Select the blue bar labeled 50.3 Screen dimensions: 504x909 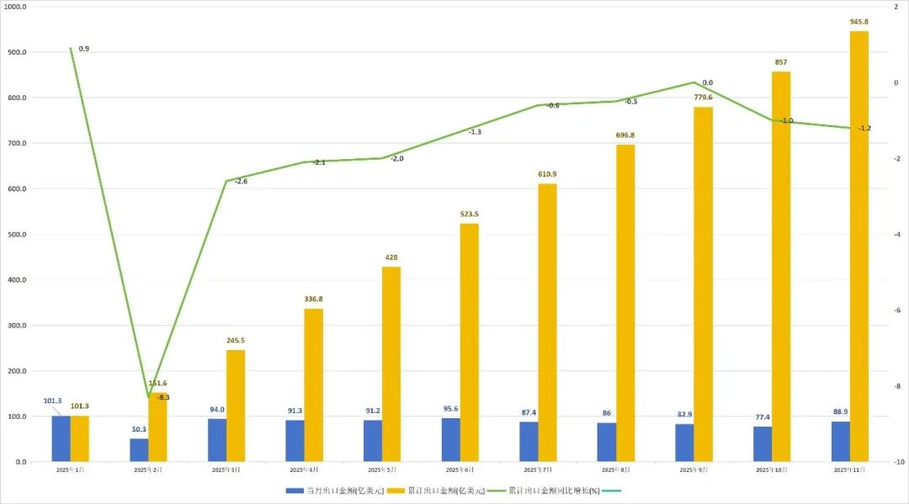(x=139, y=450)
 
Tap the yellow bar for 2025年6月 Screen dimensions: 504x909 (x=470, y=342)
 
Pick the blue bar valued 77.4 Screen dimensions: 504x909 (x=763, y=444)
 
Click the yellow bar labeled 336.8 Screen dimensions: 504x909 (x=313, y=385)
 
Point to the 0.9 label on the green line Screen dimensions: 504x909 (x=84, y=49)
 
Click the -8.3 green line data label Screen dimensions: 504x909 (x=162, y=397)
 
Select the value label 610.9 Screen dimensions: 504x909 (x=547, y=174)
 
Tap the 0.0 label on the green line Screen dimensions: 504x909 (x=707, y=82)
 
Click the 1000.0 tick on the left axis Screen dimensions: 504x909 (x=15, y=7)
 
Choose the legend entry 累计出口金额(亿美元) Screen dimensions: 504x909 (x=445, y=490)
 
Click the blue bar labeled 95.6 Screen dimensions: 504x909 (x=451, y=440)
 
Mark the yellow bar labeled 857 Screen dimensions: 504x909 (x=781, y=267)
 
